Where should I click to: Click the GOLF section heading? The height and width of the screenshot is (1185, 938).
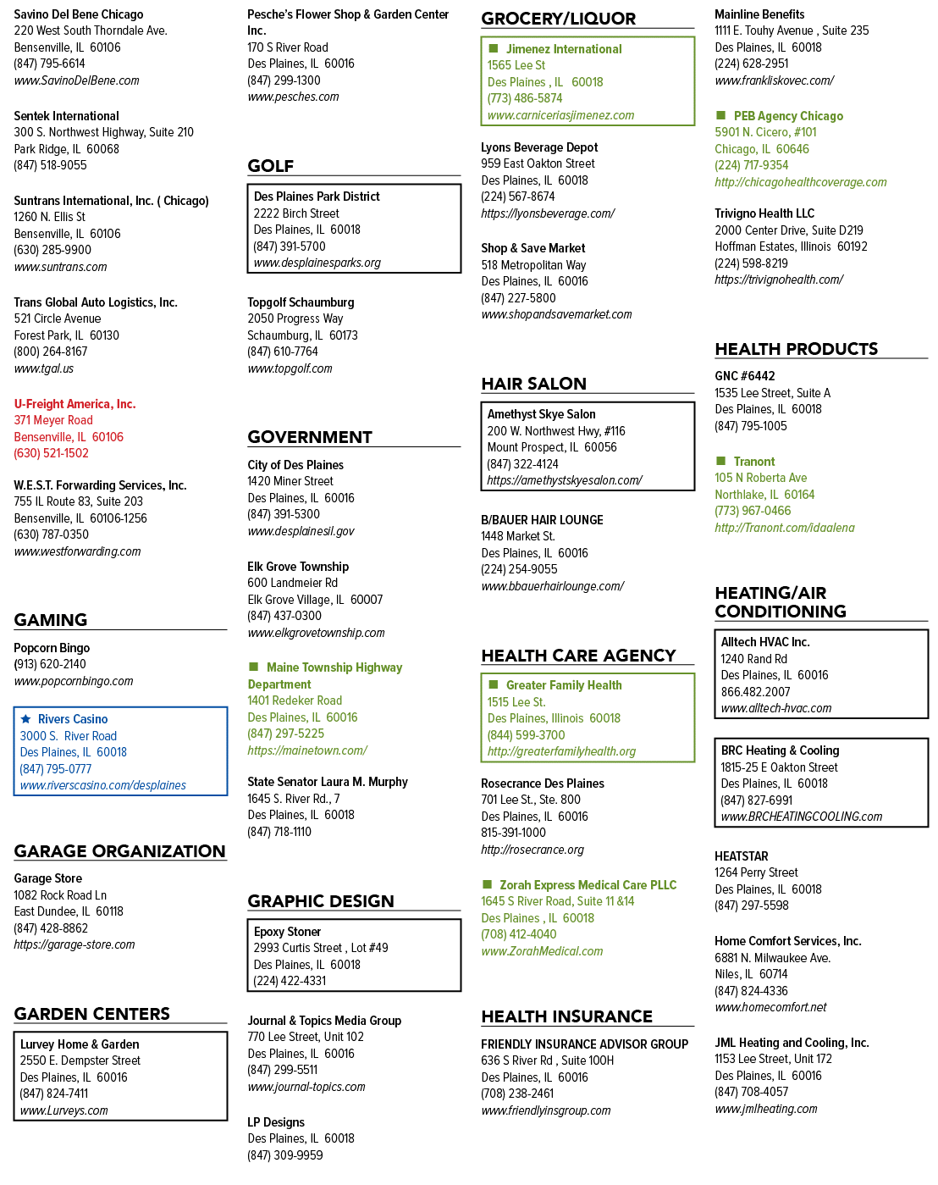pos(270,166)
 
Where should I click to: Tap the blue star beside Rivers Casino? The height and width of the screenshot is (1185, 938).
pos(25,718)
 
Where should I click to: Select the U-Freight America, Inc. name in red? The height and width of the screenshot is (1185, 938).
pos(74,404)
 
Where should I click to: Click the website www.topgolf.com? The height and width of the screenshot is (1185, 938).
pos(290,368)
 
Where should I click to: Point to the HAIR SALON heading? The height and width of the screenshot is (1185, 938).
pos(534,384)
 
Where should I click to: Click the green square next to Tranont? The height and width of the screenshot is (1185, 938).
pos(720,460)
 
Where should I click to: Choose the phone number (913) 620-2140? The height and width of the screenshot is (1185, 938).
pos(50,664)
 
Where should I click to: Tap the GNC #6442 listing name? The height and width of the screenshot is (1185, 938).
pos(744,376)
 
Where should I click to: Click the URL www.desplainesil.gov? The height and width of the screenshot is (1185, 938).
pos(301,531)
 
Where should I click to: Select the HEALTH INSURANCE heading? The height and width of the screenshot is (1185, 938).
pos(566,1016)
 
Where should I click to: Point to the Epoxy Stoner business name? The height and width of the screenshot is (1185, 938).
pos(287,932)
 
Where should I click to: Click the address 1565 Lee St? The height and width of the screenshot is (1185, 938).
pos(516,65)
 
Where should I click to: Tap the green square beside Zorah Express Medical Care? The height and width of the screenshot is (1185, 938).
pos(487,884)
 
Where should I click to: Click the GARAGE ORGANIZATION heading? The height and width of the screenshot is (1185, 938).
pos(119,851)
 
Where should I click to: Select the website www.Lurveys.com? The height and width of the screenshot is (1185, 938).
pos(63,1110)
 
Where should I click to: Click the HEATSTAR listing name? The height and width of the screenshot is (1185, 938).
pos(741,856)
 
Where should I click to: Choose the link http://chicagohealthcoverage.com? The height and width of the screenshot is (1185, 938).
pos(800,182)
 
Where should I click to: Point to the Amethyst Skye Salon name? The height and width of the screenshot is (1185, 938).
pos(541,414)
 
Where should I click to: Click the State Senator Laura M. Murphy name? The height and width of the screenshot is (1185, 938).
pos(328,782)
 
